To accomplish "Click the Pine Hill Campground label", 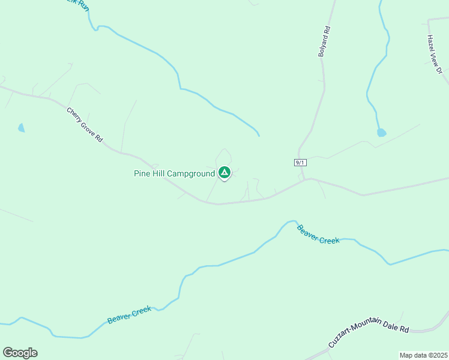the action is tap(174, 173).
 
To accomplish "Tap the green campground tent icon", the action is tap(224, 173).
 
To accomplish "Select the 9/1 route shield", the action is tap(301, 163).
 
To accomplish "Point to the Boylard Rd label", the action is tap(324, 41).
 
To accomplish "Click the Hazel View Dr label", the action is tap(434, 55).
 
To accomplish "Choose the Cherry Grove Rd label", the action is tap(85, 125).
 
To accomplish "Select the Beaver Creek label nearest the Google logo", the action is tap(129, 315).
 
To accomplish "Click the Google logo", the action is tap(20, 353).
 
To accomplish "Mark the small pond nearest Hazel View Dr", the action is tap(381, 133).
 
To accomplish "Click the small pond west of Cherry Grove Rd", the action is tap(22, 128).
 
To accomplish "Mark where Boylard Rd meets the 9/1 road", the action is tap(304, 179).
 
